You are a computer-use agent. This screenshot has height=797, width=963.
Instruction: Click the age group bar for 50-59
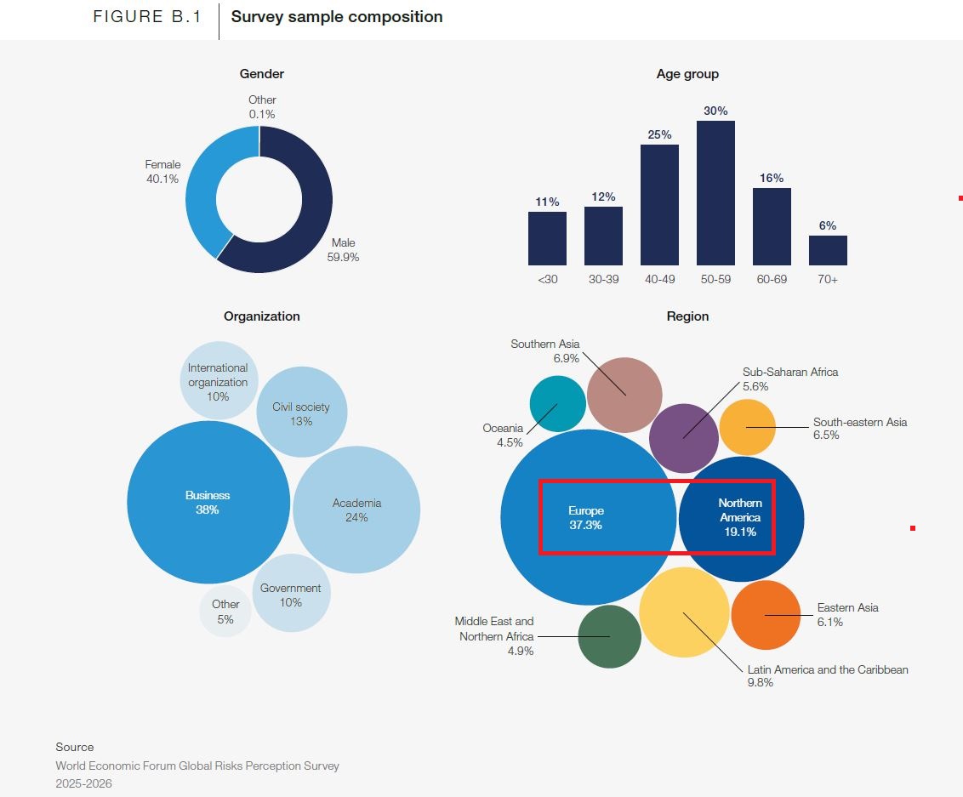pos(715,193)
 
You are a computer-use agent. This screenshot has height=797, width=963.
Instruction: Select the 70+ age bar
pos(828,251)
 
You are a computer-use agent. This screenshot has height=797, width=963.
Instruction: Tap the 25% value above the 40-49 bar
pos(659,134)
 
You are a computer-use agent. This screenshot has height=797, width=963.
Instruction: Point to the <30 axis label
pos(547,279)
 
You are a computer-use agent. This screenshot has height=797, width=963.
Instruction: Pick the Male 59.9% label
pos(343,250)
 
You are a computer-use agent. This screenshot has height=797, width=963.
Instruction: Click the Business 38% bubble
pos(208,502)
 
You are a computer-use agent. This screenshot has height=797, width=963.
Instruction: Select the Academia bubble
pos(356,510)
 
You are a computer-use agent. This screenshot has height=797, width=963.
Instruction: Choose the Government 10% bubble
pos(290,595)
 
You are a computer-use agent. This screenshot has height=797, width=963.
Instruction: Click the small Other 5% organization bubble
pos(225,611)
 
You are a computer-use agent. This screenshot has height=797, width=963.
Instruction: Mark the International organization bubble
pos(218,381)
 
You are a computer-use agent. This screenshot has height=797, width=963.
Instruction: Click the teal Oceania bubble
pos(557,403)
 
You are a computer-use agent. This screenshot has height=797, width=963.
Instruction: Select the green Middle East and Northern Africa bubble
pos(609,636)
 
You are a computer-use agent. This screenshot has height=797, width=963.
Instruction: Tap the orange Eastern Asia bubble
pos(765,615)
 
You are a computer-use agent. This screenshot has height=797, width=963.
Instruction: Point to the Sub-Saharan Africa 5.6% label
pos(790,379)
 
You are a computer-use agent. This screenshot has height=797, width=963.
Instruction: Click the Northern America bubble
pos(741,518)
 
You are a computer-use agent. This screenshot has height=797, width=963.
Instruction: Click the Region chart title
pos(687,316)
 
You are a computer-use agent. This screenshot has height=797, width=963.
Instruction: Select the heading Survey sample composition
pos(337,17)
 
